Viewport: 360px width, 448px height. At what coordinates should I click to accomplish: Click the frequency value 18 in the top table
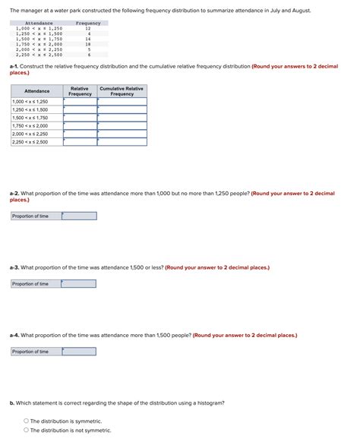point(89,44)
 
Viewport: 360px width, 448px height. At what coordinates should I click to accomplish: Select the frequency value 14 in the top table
point(89,39)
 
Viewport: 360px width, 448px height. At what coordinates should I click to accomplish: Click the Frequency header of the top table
point(88,23)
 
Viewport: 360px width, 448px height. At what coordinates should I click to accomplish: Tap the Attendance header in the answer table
point(36,91)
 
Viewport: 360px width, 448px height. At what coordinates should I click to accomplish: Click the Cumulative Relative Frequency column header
point(122,91)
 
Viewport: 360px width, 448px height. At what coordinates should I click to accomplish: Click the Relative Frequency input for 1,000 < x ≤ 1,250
point(80,101)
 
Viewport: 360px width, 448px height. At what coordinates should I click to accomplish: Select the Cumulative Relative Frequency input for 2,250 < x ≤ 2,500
point(122,142)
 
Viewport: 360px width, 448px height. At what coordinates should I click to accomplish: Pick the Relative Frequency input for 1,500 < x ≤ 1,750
point(80,118)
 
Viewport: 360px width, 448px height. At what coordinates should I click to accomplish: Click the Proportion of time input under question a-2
point(79,216)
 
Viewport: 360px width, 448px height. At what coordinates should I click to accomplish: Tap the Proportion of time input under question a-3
point(79,284)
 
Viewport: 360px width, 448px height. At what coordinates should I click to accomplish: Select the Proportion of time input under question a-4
point(79,352)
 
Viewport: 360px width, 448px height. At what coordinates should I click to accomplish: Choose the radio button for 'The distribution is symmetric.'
point(27,421)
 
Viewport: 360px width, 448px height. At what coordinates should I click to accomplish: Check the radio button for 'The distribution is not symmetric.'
point(27,430)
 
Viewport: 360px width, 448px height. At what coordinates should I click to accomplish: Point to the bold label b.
point(11,402)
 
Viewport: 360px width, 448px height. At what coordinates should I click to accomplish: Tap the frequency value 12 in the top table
point(88,28)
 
